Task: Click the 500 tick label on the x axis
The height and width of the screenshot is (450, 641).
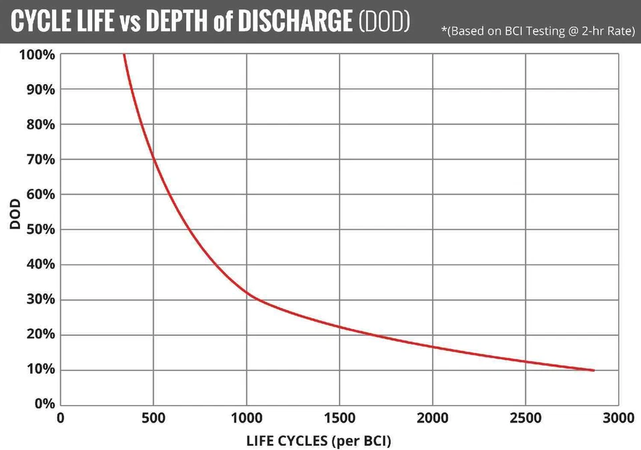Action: (x=154, y=419)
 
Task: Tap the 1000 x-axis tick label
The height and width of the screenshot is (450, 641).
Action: (x=246, y=419)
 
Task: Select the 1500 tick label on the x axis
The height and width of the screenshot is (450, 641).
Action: (x=339, y=419)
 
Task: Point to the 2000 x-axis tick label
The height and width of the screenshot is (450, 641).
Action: (x=433, y=419)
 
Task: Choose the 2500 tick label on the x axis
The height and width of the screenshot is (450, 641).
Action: (x=525, y=419)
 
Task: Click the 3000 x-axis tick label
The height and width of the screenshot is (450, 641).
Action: (x=618, y=419)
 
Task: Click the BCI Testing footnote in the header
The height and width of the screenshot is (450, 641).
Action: (x=538, y=31)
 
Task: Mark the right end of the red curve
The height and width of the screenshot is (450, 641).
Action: (x=594, y=370)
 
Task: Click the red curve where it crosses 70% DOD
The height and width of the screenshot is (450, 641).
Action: (x=154, y=159)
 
